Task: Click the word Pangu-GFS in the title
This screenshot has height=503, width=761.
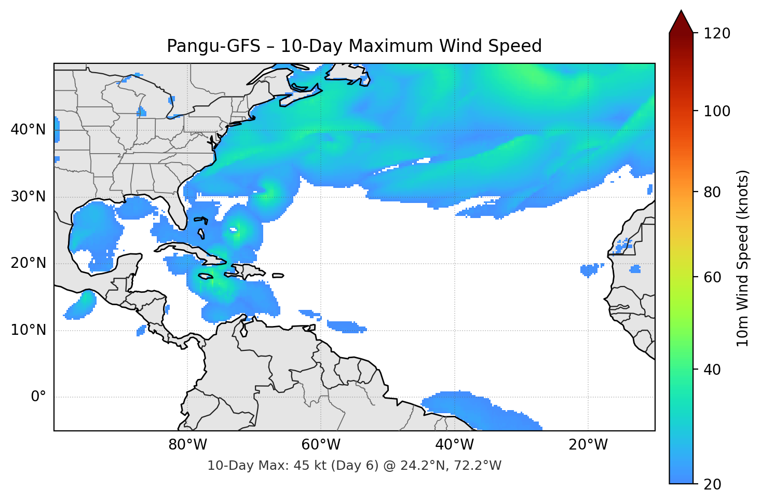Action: coord(213,46)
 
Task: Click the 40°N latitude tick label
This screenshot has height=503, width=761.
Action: coord(28,130)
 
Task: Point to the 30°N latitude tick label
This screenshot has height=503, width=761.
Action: coord(28,197)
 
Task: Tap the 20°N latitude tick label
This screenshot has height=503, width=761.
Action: coord(28,263)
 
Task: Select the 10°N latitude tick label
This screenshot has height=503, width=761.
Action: coord(28,330)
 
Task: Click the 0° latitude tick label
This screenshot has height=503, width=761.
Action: coord(38,397)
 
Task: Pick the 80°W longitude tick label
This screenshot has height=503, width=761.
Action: coord(187,445)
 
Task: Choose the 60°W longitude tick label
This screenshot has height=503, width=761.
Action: coord(321,445)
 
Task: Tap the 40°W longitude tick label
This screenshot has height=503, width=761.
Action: coord(454,445)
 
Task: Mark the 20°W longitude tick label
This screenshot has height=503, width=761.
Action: coord(588,445)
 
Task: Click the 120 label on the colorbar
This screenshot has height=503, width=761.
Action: coord(717,34)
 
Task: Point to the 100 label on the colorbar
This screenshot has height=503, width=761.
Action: coord(717,111)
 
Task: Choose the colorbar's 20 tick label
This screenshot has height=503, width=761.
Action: coord(712,484)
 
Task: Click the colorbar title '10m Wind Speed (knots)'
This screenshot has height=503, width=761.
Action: coord(743,258)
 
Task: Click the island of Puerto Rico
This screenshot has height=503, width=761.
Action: coord(278,275)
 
